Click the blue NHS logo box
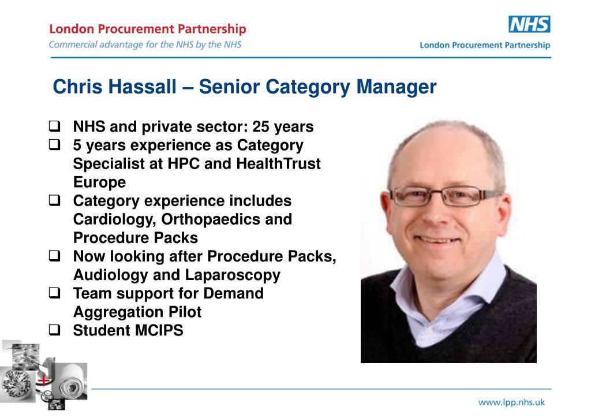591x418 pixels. pyautogui.click(x=529, y=24)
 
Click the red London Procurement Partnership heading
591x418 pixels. pyautogui.click(x=148, y=29)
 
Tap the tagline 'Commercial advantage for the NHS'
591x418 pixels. pyautogui.click(x=145, y=44)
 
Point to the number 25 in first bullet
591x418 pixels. pyautogui.click(x=261, y=127)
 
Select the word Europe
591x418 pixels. pyautogui.click(x=99, y=182)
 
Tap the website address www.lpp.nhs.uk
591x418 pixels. pyautogui.click(x=511, y=402)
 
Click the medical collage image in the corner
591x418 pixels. pyautogui.click(x=43, y=375)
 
